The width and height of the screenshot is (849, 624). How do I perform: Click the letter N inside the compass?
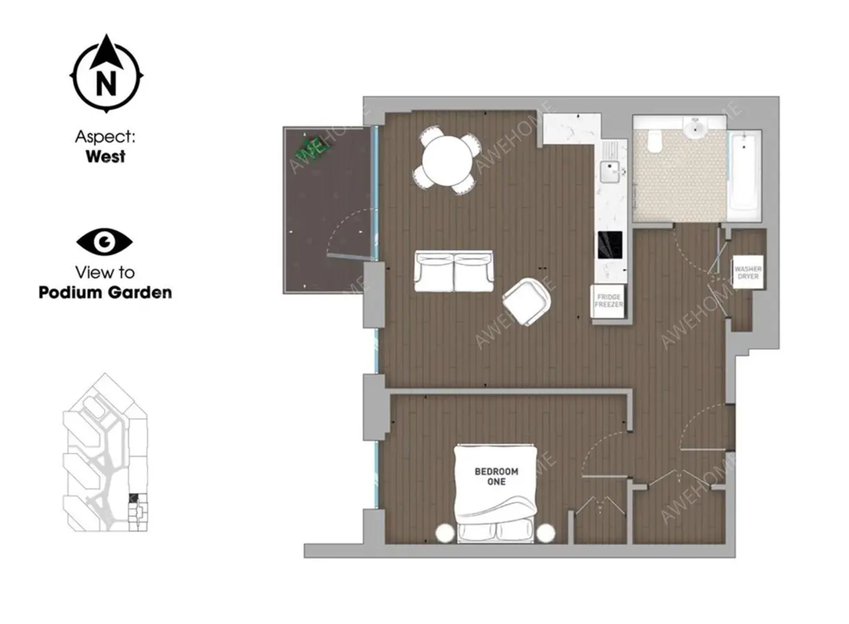pyautogui.click(x=106, y=83)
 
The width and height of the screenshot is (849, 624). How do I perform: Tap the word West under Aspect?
pyautogui.click(x=105, y=157)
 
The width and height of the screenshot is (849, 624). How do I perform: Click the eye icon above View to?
pyautogui.click(x=104, y=241)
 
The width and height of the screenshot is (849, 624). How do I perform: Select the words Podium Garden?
pyautogui.click(x=105, y=293)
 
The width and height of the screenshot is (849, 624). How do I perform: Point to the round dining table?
pyautogui.click(x=448, y=161)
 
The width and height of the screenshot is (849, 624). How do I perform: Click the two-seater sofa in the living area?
pyautogui.click(x=454, y=271)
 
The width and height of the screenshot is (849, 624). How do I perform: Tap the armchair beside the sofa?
pyautogui.click(x=527, y=301)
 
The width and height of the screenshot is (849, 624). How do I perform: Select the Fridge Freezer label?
pyautogui.click(x=609, y=301)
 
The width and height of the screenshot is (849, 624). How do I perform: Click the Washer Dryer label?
pyautogui.click(x=748, y=272)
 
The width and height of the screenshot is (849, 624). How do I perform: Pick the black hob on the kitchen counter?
pyautogui.click(x=610, y=245)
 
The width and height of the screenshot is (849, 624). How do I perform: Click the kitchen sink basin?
pyautogui.click(x=609, y=171)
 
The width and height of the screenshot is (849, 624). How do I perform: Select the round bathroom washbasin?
pyautogui.click(x=696, y=129)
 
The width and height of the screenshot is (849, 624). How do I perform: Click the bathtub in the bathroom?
pyautogui.click(x=745, y=175)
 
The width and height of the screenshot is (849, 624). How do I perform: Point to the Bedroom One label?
pyautogui.click(x=497, y=477)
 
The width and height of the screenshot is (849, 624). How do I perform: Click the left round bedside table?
pyautogui.click(x=445, y=533)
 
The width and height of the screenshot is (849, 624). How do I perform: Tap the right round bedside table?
pyautogui.click(x=546, y=533)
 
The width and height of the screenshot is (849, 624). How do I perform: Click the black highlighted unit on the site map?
pyautogui.click(x=133, y=497)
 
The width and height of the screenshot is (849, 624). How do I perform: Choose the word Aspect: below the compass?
pyautogui.click(x=105, y=137)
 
